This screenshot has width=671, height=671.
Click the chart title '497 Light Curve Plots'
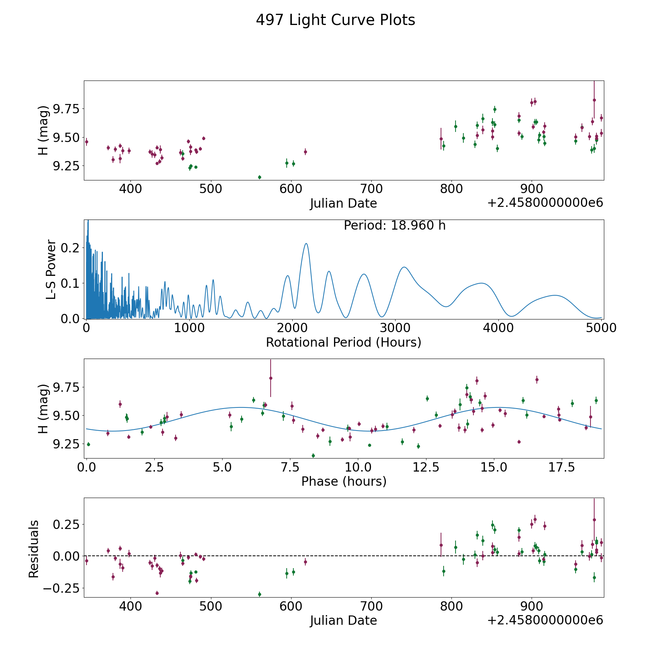tap(335, 20)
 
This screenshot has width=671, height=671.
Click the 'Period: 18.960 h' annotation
tap(394, 226)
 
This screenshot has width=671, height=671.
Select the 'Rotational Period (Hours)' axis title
tap(343, 342)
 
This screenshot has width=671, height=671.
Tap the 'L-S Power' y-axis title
tap(51, 269)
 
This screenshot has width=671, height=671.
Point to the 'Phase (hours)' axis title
tap(344, 481)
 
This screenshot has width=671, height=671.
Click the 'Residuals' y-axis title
tap(34, 549)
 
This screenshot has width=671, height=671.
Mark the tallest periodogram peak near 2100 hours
tap(306, 243)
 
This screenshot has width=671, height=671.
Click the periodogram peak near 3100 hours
tap(404, 267)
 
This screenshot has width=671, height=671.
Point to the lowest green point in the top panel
tap(259, 177)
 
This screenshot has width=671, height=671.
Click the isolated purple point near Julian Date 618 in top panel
tap(305, 152)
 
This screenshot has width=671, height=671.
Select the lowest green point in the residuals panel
tap(259, 594)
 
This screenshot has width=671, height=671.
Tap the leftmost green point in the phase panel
tap(88, 444)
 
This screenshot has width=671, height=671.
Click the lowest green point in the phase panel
tap(313, 455)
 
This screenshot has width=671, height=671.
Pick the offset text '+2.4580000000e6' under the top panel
tap(545, 203)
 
